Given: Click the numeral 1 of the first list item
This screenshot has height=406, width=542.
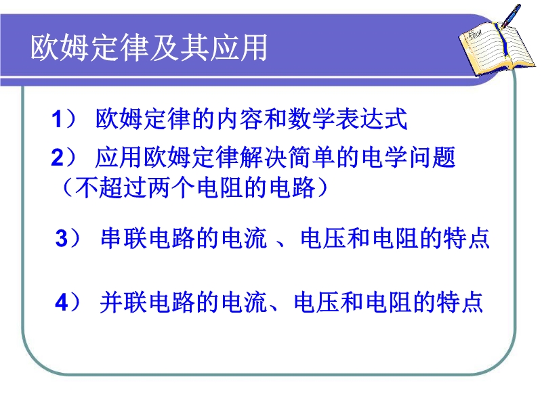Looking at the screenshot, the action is (x=57, y=120).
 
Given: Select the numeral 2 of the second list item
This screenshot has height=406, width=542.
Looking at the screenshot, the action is (x=58, y=158).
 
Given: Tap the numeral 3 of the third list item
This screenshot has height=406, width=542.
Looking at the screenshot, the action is (x=62, y=239).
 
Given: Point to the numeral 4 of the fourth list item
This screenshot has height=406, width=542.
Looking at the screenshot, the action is (x=62, y=302).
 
